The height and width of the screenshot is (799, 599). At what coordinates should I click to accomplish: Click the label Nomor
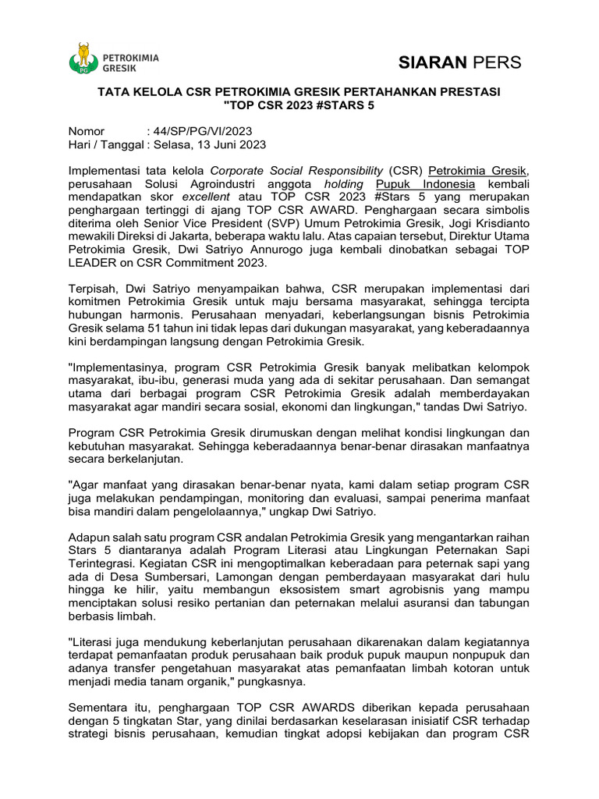click(86, 131)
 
